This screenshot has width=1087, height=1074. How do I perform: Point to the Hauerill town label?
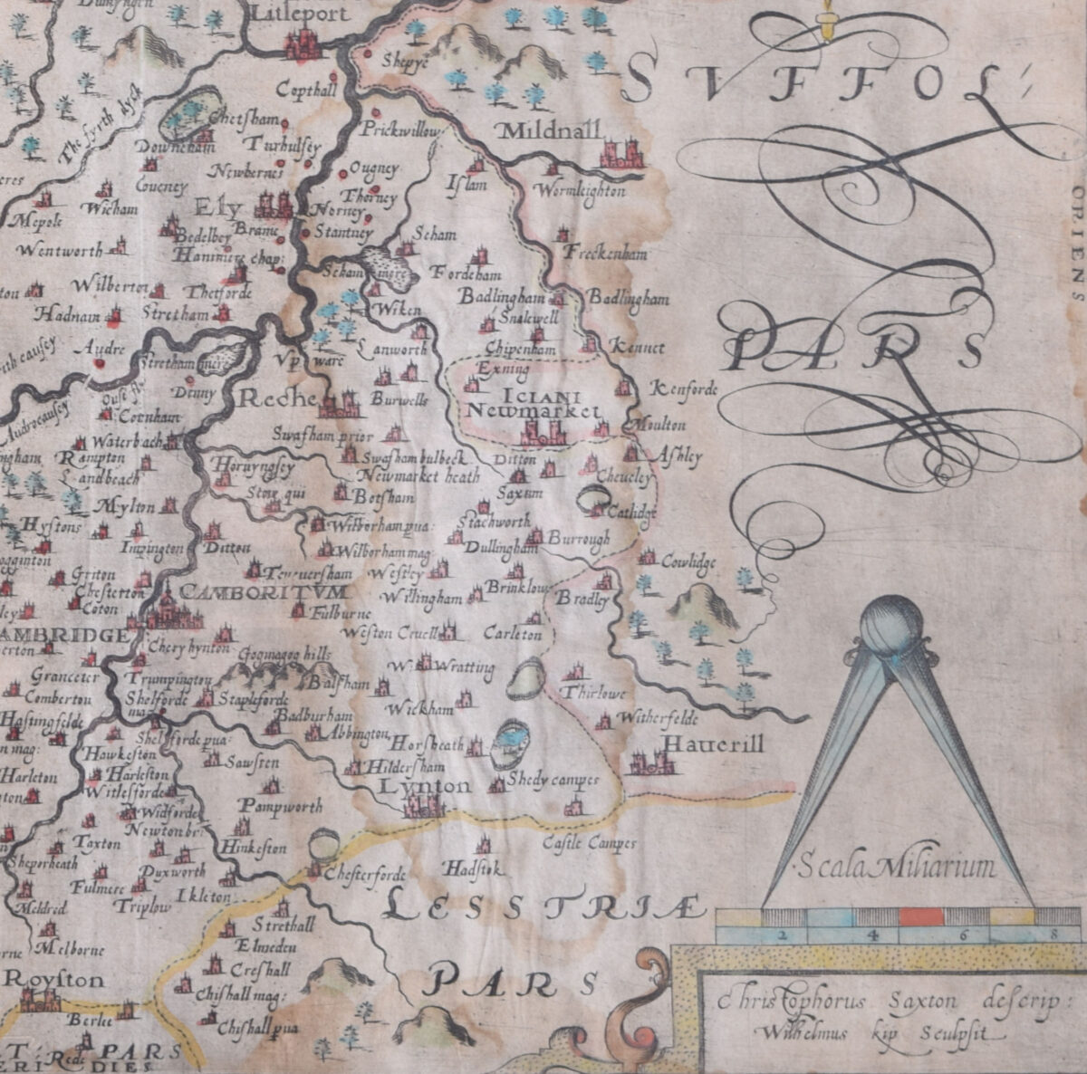point(714,744)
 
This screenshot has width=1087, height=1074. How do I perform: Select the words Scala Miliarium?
point(896,868)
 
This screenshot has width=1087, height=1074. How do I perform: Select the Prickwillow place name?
point(400,131)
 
